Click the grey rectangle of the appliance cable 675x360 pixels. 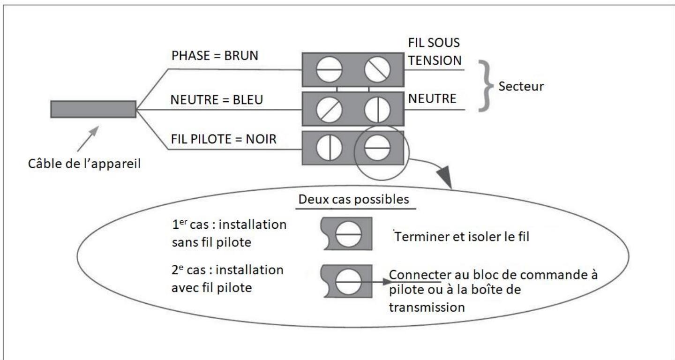tap(93, 109)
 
